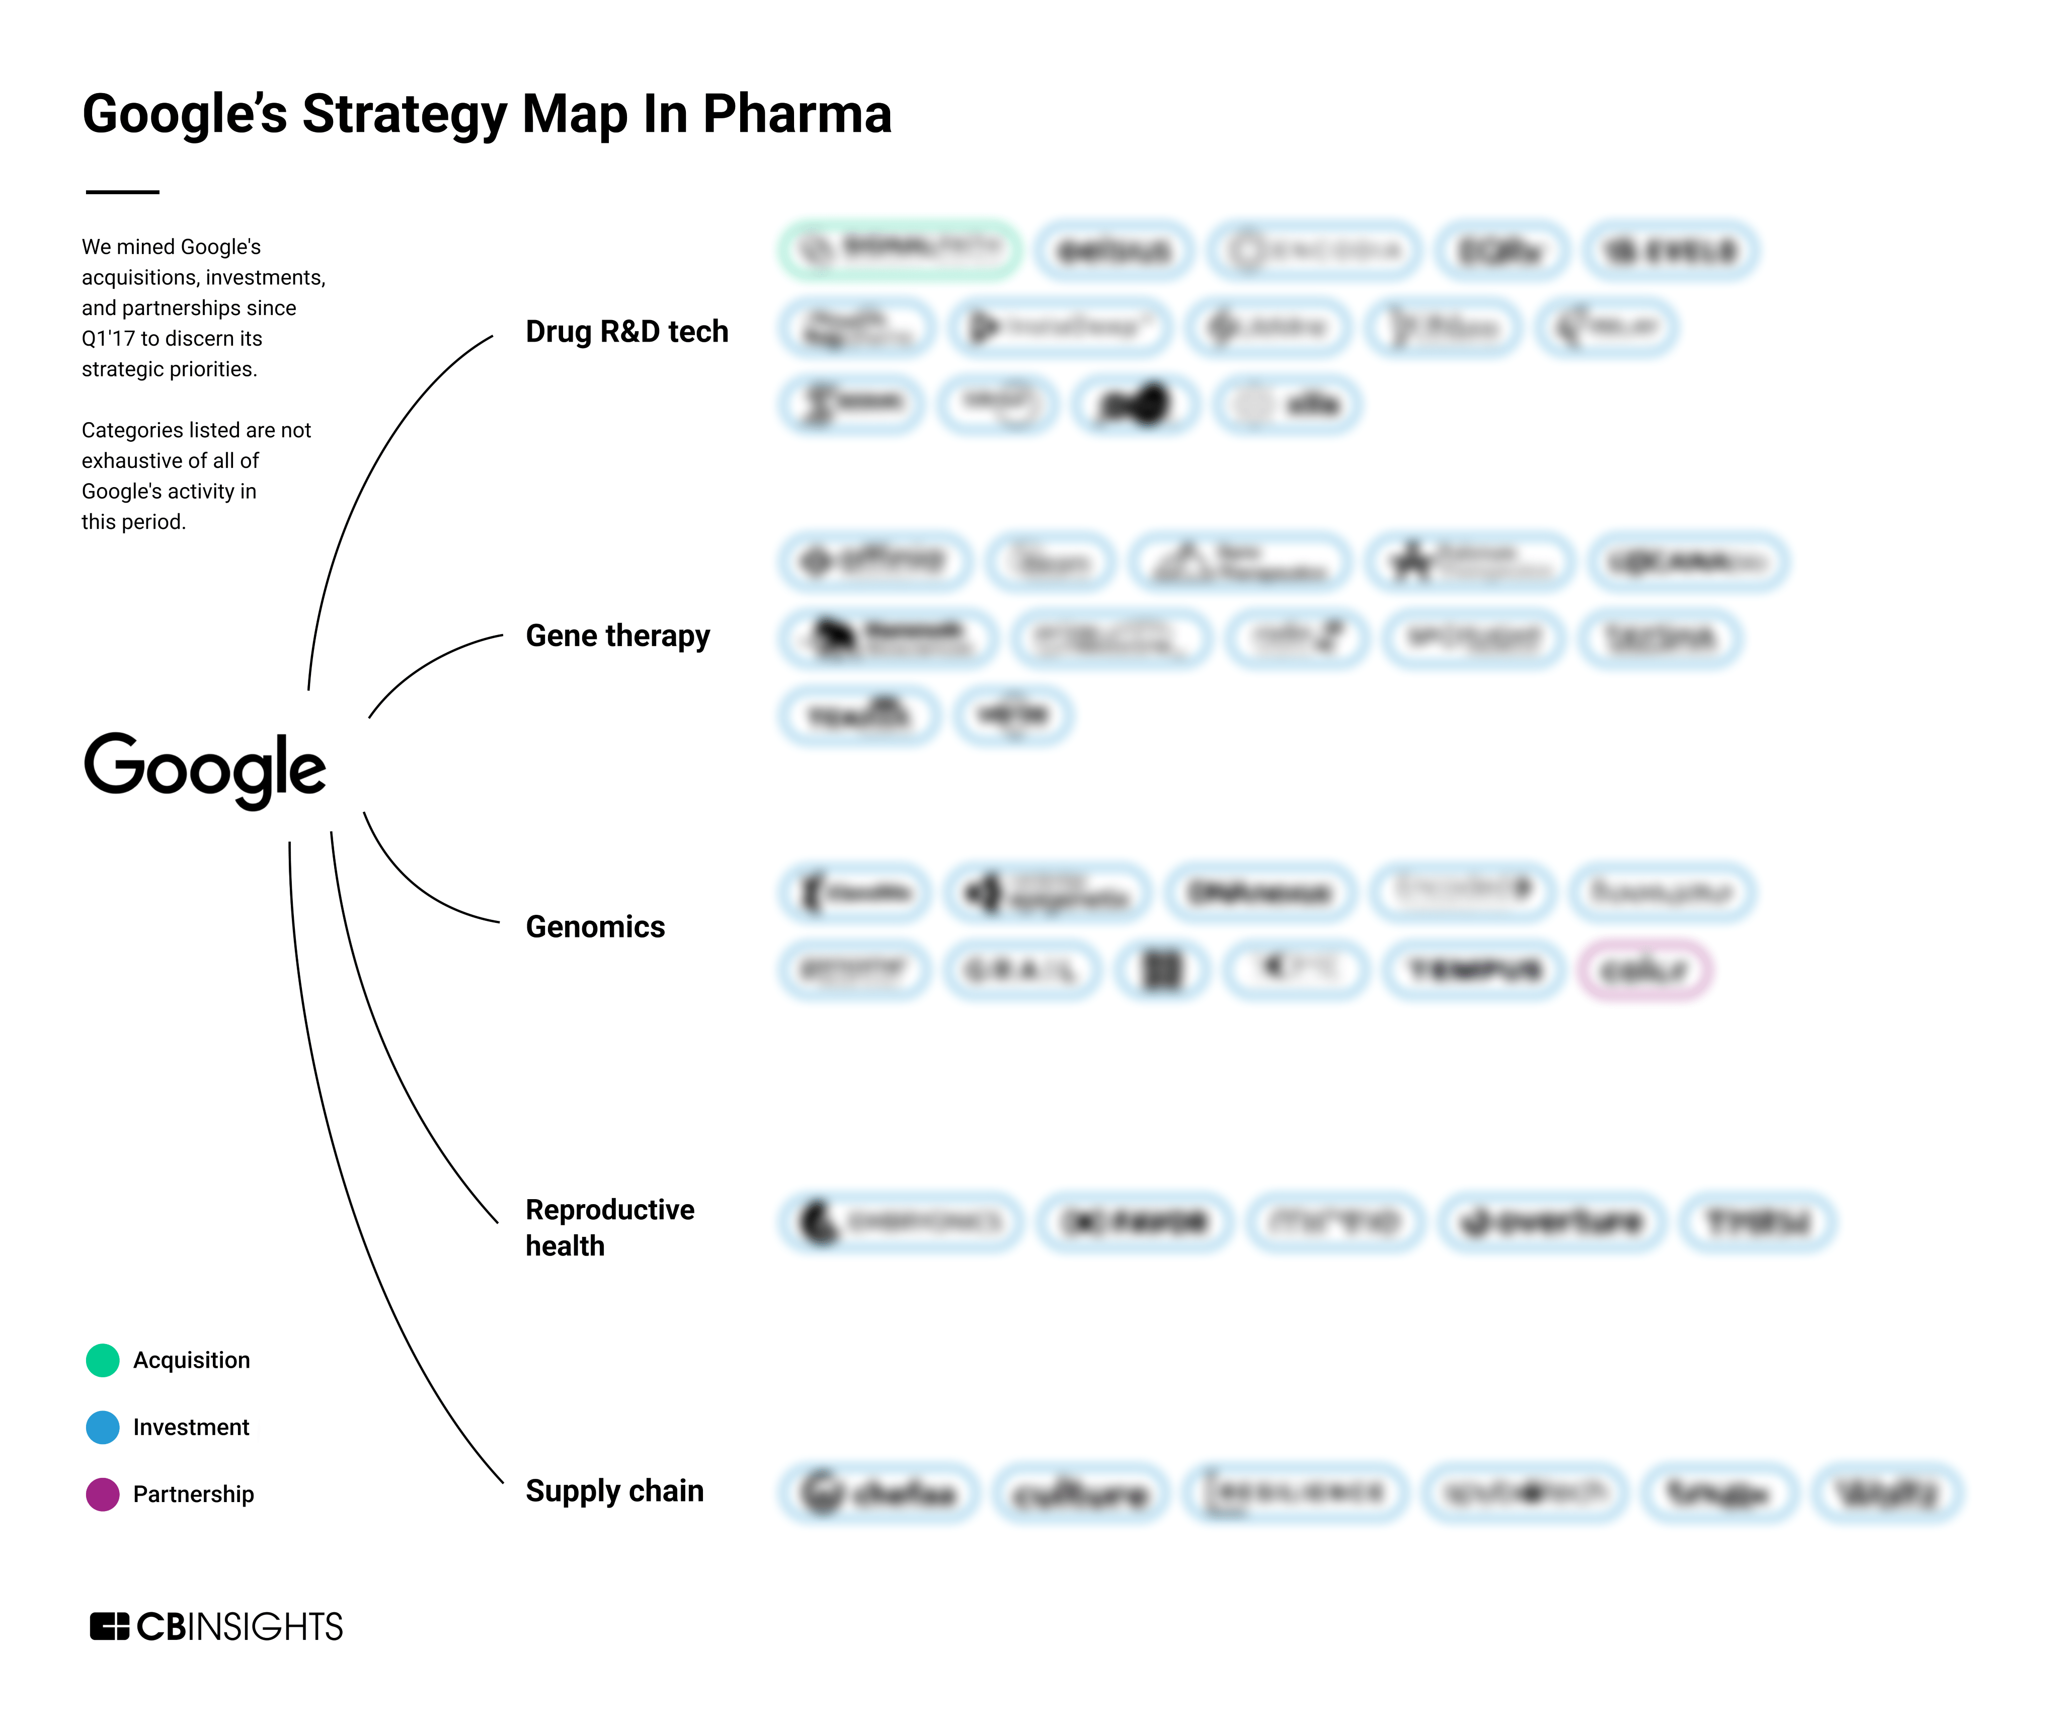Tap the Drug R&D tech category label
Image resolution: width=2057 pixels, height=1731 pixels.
click(x=626, y=332)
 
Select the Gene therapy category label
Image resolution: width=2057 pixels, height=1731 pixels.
click(x=617, y=636)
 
